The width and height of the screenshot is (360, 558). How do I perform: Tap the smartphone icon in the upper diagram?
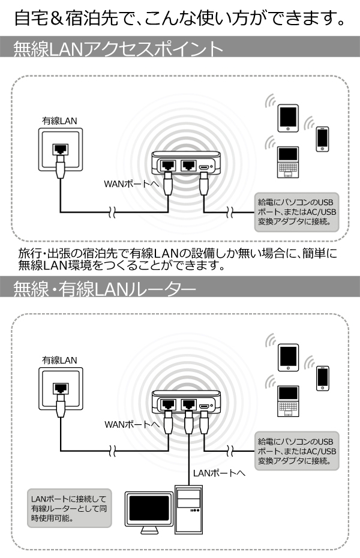point(323,138)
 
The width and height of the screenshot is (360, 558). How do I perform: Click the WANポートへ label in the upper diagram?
point(131,183)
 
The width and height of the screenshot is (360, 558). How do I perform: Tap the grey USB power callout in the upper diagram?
point(296,211)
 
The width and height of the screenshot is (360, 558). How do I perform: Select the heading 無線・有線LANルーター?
point(104,290)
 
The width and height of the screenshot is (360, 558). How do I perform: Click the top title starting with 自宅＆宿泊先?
point(180,17)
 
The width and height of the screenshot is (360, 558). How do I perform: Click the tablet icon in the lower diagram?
point(288,358)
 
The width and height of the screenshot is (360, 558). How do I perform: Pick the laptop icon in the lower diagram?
point(288,401)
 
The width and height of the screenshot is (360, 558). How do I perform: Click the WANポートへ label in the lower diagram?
point(131,424)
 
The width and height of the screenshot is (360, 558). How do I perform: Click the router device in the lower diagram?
point(186,402)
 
